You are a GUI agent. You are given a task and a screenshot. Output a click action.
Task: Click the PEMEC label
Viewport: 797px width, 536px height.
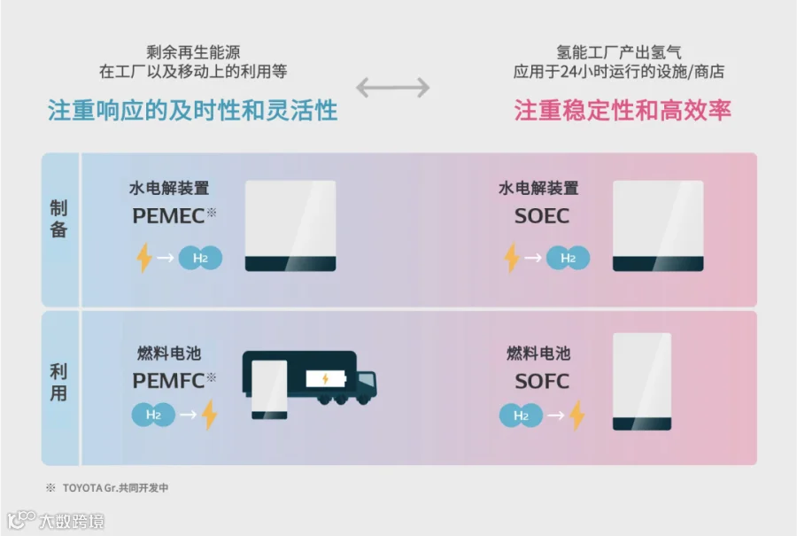pyautogui.click(x=168, y=215)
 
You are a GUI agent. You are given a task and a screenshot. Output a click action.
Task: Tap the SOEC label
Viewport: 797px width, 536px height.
pyautogui.click(x=541, y=215)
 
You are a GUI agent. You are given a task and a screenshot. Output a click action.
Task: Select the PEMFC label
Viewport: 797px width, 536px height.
pyautogui.click(x=168, y=381)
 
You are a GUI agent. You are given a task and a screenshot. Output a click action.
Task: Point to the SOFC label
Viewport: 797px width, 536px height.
pyautogui.click(x=541, y=382)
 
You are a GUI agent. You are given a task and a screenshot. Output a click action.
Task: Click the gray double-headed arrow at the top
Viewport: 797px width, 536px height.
pyautogui.click(x=392, y=87)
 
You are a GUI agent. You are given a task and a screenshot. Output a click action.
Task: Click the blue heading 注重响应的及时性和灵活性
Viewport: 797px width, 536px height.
pyautogui.click(x=193, y=111)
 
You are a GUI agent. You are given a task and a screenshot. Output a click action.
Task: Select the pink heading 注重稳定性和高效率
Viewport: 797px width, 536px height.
pyautogui.click(x=623, y=111)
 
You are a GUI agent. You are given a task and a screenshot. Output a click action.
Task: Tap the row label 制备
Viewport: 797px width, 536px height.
pyautogui.click(x=58, y=219)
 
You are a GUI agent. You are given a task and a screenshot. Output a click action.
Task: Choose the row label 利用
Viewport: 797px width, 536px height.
pyautogui.click(x=58, y=383)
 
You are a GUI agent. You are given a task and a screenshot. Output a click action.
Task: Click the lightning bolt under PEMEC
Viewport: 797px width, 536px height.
pyautogui.click(x=143, y=258)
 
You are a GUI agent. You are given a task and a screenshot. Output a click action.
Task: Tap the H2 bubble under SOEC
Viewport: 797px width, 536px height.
pyautogui.click(x=568, y=258)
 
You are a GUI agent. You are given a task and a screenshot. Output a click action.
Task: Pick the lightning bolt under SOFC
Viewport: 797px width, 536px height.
pyautogui.click(x=576, y=415)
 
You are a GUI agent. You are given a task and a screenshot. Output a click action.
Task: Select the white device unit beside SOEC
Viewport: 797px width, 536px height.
pyautogui.click(x=658, y=226)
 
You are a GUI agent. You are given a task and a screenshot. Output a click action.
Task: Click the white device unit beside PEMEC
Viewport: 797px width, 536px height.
pyautogui.click(x=290, y=226)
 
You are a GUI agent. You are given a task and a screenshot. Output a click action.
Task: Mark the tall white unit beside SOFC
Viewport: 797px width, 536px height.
pyautogui.click(x=641, y=381)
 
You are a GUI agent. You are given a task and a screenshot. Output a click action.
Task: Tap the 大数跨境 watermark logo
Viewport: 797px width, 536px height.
pyautogui.click(x=58, y=520)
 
